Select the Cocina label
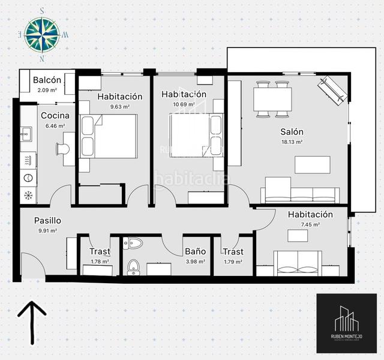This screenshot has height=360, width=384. click(x=55, y=116)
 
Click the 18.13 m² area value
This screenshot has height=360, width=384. click(x=291, y=142)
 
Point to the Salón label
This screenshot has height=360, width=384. click(x=292, y=132)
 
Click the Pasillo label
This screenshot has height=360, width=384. click(x=47, y=220)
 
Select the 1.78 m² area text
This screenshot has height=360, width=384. click(x=99, y=262)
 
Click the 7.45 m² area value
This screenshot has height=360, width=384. click(x=310, y=225)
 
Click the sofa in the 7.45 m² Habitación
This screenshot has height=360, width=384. click(x=298, y=261)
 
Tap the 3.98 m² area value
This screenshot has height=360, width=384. click(x=196, y=262)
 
